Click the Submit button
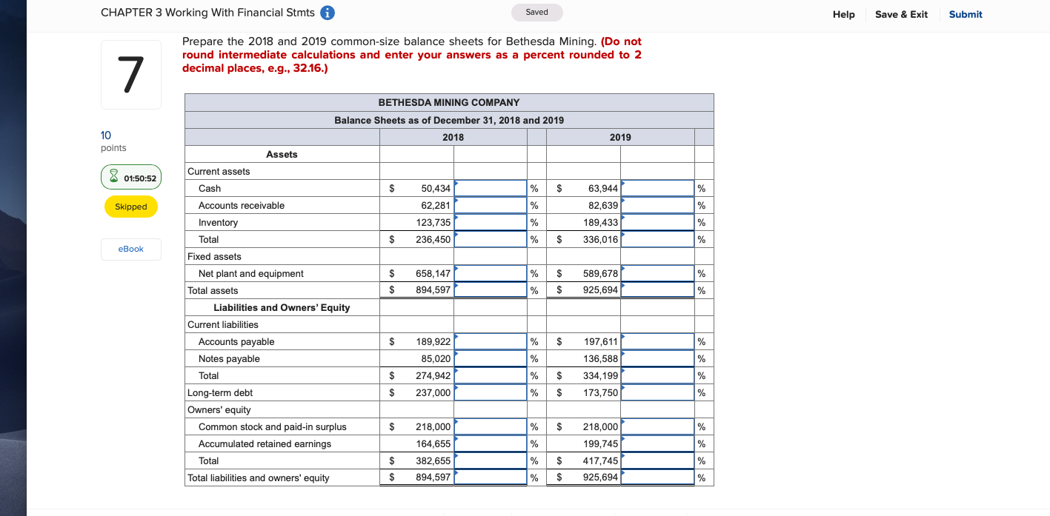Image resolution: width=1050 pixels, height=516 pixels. tap(965, 14)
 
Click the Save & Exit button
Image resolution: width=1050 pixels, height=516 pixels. tap(901, 14)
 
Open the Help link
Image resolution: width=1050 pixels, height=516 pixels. tap(843, 14)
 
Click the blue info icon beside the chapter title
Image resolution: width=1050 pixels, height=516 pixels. tap(326, 13)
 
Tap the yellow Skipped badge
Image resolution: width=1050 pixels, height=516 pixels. tap(131, 207)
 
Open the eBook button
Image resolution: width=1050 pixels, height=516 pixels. tap(131, 249)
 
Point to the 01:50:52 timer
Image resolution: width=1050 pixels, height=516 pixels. tap(131, 178)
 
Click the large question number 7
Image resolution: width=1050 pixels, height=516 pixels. tap(130, 75)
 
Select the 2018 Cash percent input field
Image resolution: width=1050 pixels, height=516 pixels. tap(491, 189)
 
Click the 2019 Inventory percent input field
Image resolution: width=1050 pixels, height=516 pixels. tap(657, 223)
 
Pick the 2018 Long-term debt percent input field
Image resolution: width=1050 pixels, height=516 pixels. tap(491, 393)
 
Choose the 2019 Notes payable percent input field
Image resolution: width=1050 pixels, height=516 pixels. tap(657, 359)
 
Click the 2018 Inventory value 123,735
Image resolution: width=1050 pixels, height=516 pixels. tap(433, 223)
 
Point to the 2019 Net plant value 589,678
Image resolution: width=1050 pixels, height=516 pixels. tap(600, 274)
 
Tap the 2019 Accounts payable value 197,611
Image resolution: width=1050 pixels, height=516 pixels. tap(601, 342)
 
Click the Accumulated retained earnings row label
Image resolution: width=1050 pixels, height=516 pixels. tap(265, 444)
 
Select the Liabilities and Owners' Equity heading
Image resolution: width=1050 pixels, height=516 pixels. tap(282, 308)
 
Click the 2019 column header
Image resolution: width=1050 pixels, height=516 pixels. tap(620, 137)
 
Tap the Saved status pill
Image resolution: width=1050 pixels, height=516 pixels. tap(536, 13)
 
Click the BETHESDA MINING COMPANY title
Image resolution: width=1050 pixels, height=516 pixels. tap(449, 102)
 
